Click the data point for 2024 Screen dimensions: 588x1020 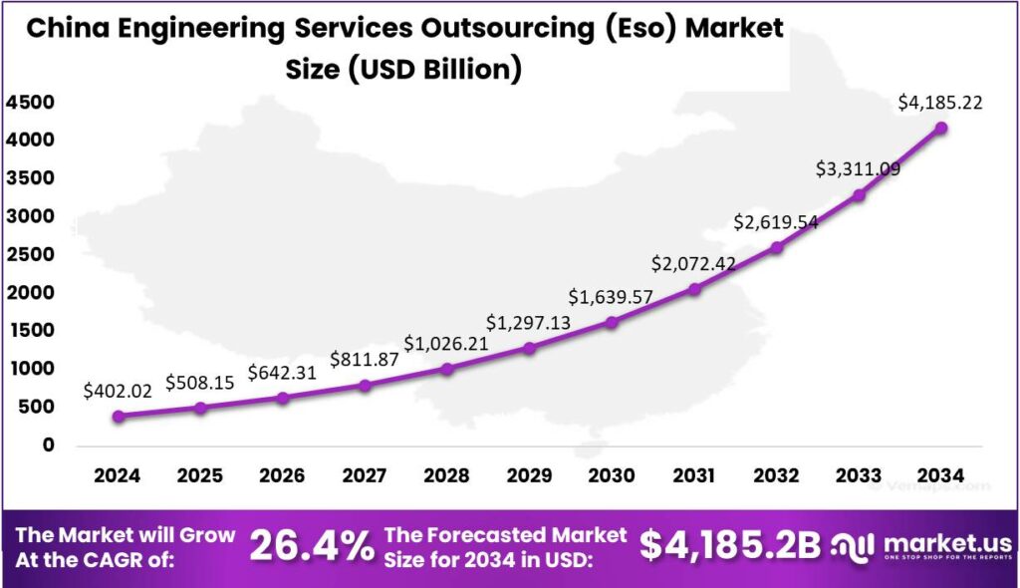[119, 417]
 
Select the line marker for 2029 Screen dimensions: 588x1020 [530, 348]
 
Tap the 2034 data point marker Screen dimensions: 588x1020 [941, 128]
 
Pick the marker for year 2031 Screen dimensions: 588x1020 [694, 289]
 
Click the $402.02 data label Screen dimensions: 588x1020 [119, 391]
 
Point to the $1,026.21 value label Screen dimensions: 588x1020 [446, 344]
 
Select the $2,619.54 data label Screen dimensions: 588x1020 [776, 222]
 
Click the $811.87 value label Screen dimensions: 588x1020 [365, 359]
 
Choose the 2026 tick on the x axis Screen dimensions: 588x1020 [282, 475]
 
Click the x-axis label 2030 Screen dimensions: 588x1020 [612, 475]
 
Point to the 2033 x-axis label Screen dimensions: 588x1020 [859, 475]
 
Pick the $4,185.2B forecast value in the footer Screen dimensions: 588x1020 [730, 545]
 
